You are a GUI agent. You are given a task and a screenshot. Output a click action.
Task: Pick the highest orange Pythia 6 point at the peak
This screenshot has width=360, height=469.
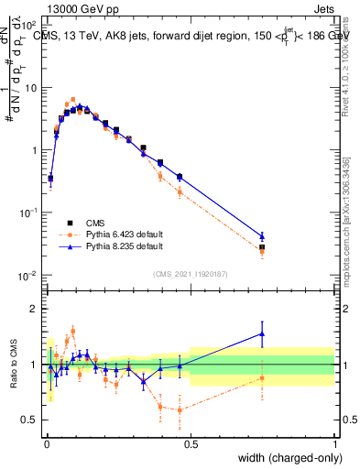pos(72,100)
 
